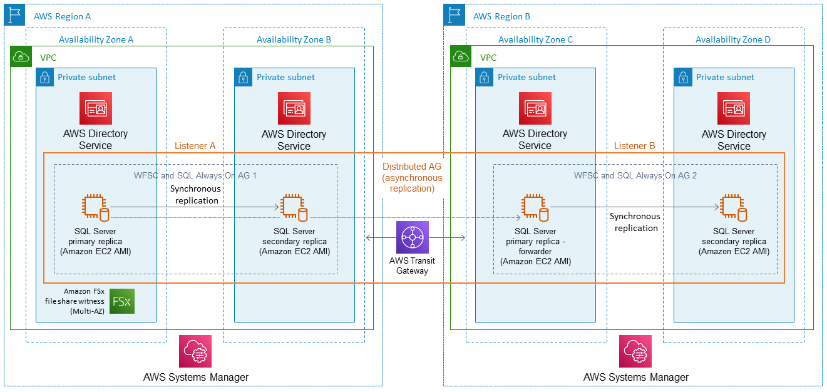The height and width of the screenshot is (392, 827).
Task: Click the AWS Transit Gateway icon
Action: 413,237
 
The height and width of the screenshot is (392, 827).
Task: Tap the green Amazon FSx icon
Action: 121,301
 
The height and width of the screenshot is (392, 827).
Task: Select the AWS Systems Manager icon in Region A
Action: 195,351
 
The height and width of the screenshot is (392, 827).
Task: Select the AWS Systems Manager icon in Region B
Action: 635,351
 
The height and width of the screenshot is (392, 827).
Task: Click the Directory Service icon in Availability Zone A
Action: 96,108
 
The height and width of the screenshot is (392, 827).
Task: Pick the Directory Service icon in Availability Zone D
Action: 734,109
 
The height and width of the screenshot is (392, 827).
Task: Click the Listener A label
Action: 195,146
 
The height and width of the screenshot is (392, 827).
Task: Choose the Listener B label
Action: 634,146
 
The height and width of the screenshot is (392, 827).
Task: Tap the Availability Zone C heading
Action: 535,39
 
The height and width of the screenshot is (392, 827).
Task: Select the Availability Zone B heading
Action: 294,39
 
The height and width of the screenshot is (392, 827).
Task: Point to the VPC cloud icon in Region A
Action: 21,57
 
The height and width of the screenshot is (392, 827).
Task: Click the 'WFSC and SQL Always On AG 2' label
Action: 635,175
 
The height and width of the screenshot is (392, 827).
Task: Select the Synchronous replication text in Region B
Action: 635,222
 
